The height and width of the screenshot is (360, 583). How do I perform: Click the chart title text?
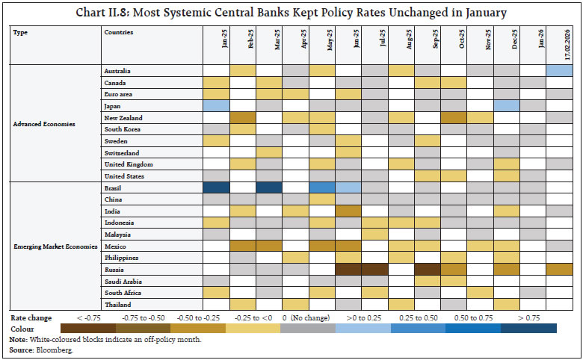click(291, 12)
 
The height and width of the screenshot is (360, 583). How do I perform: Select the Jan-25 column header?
click(216, 45)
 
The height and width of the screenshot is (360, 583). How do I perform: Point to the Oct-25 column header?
click(453, 45)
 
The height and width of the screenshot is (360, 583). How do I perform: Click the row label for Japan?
click(113, 105)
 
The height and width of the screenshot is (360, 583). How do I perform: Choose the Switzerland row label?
click(122, 152)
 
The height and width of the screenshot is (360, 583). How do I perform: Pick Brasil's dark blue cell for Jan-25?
click(216, 187)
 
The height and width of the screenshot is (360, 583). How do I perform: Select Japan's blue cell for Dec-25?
click(506, 105)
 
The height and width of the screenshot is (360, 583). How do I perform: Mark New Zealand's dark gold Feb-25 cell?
click(242, 117)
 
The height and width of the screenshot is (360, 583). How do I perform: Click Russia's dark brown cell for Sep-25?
click(427, 269)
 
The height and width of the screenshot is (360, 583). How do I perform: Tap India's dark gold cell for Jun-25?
click(348, 211)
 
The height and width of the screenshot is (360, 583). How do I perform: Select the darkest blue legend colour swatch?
click(528, 328)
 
